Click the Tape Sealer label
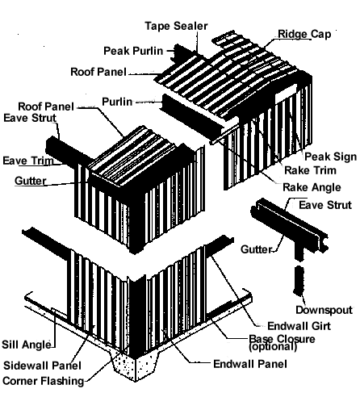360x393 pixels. coord(176,26)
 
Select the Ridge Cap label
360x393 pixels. coord(304,34)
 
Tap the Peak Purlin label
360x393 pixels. coord(133,51)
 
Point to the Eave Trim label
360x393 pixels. coord(28,161)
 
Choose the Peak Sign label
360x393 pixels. coord(331,157)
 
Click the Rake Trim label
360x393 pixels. coord(311,170)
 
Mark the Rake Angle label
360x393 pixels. coord(312,187)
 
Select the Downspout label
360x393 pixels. coord(324,310)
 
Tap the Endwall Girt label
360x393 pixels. coord(299,326)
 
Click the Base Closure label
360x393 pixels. coord(282,339)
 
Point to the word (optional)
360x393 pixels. coord(273,347)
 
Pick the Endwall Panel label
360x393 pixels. coord(250,364)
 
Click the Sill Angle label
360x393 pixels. coord(27,345)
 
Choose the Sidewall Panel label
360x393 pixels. coord(42,366)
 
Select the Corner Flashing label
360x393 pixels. coord(44,381)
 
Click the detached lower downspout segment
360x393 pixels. coord(299,280)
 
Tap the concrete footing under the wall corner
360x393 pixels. coord(136,366)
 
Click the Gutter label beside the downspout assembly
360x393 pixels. coord(257,249)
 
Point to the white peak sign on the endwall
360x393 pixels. coord(285,93)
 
